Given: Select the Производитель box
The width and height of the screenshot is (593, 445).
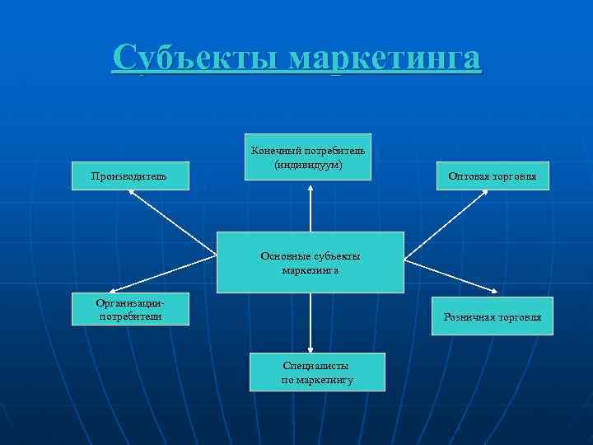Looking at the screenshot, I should point(130,176).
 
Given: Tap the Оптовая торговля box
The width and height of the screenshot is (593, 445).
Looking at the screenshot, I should point(493,176).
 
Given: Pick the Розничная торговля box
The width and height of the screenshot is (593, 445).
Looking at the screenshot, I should point(493,317).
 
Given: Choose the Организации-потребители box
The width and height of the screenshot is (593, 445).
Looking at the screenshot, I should point(130,308).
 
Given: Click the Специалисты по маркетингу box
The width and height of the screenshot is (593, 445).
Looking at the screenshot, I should point(317,372).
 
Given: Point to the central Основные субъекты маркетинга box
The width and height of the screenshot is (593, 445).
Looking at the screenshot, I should point(311,262).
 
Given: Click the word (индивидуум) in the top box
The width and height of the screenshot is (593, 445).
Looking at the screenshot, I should point(310,164).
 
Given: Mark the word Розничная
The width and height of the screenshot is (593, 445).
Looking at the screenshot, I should point(468,317).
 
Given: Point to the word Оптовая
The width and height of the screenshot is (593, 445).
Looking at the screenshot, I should point(470,176).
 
